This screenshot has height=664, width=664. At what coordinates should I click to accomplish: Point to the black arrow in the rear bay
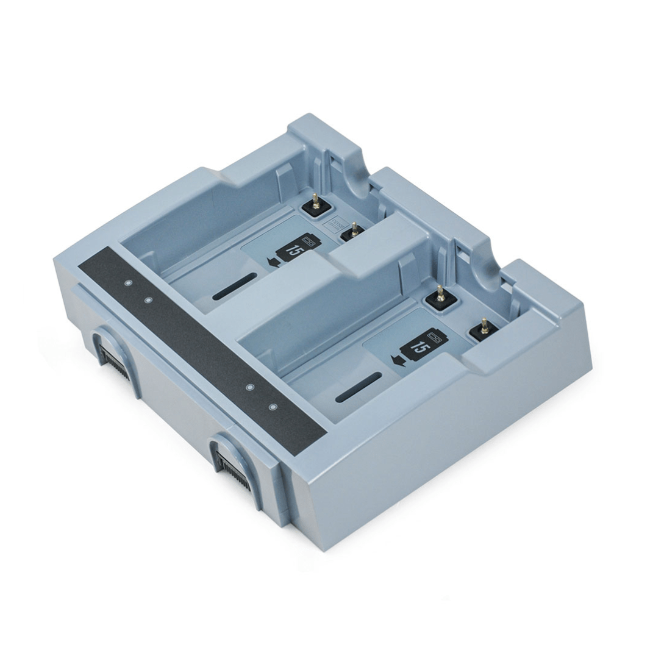(274, 262)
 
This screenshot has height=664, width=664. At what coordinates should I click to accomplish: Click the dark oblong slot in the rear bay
(235, 287)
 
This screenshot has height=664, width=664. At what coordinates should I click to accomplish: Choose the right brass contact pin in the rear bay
(354, 229)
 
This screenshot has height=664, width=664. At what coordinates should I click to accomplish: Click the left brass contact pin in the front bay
(440, 294)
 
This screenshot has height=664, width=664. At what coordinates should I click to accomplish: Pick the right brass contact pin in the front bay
(484, 326)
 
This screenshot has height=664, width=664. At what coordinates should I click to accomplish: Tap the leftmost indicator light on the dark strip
(128, 283)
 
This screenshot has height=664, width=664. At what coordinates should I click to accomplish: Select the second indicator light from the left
(148, 299)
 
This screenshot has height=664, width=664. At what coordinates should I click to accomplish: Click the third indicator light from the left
(249, 387)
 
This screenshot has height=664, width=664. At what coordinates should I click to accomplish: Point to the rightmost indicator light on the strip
(273, 407)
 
